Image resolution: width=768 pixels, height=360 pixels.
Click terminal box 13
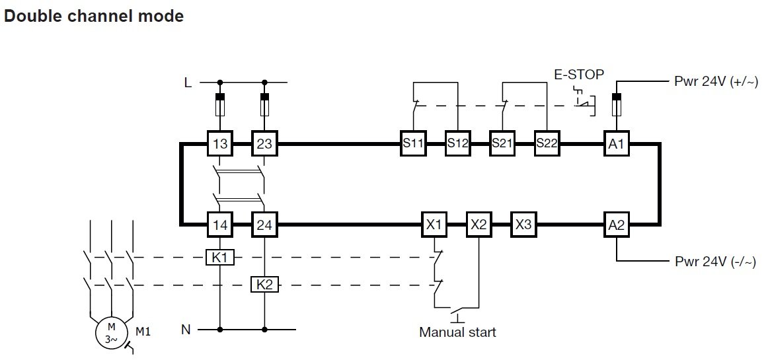[219, 144]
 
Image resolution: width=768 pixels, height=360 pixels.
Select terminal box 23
[264, 144]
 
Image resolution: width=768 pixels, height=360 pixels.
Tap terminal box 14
[219, 225]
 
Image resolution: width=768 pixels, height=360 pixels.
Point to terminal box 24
[264, 225]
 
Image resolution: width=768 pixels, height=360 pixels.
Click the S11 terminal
[413, 144]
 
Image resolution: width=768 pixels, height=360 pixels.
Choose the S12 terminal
[457, 144]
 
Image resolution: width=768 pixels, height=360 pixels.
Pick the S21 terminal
[502, 144]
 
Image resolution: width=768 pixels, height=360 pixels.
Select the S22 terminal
[547, 144]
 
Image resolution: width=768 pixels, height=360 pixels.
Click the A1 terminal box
[617, 144]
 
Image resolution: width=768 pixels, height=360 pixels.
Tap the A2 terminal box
[617, 225]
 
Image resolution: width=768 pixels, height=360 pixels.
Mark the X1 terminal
[434, 225]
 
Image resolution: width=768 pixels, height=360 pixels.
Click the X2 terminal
[479, 225]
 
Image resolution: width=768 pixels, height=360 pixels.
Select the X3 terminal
[523, 225]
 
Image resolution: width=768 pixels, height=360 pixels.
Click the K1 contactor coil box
[219, 258]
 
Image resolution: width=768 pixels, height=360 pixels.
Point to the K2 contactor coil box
[264, 285]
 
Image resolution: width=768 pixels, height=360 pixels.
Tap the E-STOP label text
[578, 75]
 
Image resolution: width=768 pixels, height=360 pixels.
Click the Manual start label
[457, 332]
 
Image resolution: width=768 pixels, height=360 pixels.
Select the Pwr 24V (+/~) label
[716, 82]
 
